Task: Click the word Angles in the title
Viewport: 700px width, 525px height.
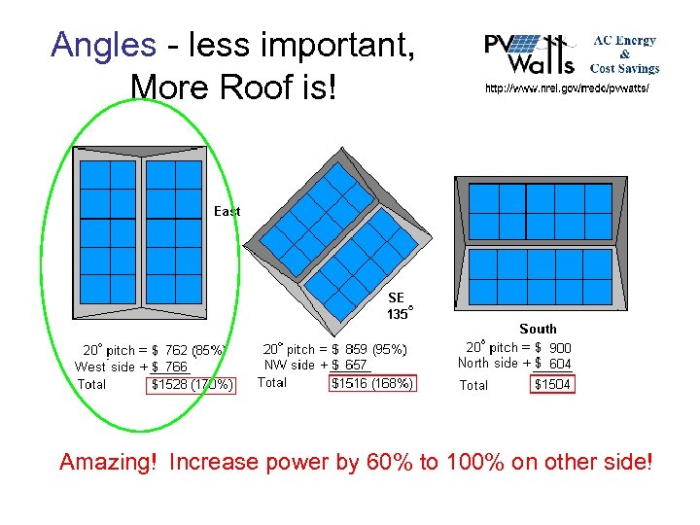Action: coord(103,45)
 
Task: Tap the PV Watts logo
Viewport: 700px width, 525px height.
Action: coord(530,53)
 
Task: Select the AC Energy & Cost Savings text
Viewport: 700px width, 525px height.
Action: coord(625,54)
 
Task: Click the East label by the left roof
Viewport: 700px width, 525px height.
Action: coord(227,211)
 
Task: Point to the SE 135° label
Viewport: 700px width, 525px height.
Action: coord(398,305)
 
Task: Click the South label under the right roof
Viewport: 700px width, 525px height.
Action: coord(538,329)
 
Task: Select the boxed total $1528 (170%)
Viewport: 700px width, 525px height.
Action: coord(192,385)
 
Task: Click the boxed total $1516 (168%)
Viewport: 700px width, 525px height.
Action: coord(372,383)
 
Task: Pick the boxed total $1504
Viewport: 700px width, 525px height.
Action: coord(553,385)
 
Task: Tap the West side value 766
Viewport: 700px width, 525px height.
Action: coord(176,367)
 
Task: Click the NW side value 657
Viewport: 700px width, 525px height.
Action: coord(356,365)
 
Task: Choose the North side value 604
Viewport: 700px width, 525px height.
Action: coord(560,364)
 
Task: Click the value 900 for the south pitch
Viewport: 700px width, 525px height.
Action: coord(560,347)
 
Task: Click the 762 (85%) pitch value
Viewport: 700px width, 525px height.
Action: coord(194,349)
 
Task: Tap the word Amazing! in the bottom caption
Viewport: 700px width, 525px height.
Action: coord(108,462)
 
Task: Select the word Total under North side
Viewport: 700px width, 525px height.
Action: coord(473,386)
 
